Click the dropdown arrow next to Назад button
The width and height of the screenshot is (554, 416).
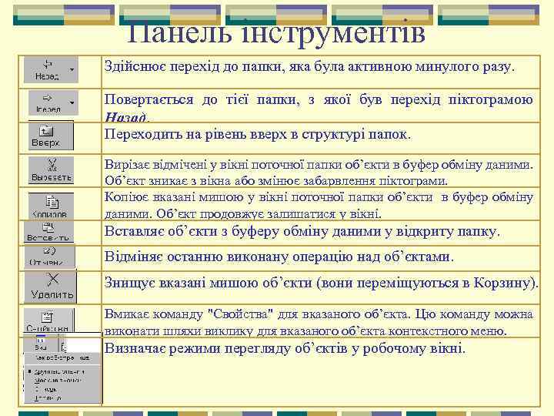tap(72, 68)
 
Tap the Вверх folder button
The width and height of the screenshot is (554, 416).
tap(48, 136)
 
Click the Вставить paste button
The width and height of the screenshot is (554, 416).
tap(48, 232)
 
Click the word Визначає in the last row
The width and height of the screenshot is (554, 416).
tap(136, 348)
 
